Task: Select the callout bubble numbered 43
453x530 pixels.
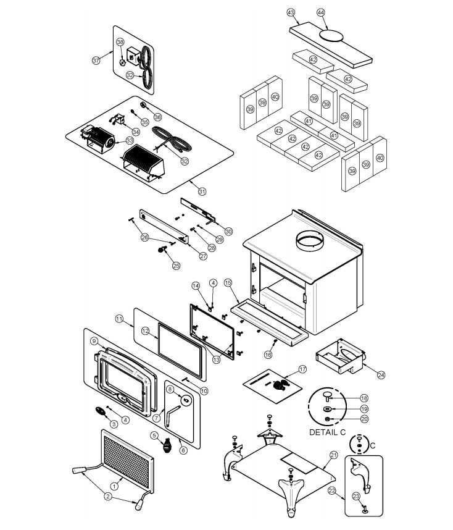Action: pos(291,12)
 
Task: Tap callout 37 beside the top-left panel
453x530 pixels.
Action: pos(96,61)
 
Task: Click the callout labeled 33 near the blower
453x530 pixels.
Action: pos(130,140)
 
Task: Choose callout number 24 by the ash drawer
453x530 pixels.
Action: pos(381,375)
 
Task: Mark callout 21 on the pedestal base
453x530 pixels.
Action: pos(334,455)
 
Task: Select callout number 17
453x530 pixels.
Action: pos(302,369)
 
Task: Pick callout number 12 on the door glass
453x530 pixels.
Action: pos(145,331)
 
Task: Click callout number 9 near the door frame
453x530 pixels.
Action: pos(94,341)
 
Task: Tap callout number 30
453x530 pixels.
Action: pos(229,231)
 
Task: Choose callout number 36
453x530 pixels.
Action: pos(157,117)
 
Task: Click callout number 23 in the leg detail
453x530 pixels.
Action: pos(356,495)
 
